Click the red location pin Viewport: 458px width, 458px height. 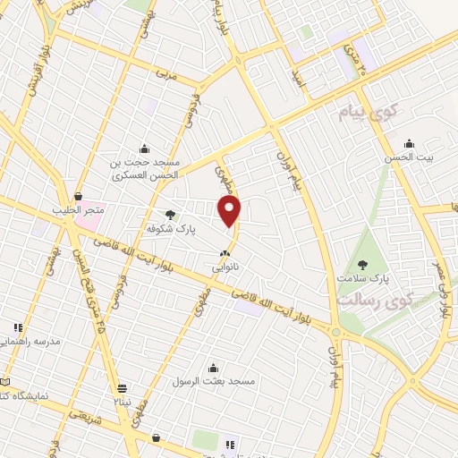[230, 211]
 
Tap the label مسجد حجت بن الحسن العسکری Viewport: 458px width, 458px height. [146, 169]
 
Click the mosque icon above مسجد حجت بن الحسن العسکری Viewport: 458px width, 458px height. [144, 148]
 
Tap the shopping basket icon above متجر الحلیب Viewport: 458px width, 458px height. [79, 196]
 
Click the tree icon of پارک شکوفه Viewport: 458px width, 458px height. [171, 215]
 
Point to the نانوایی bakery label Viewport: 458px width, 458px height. [224, 267]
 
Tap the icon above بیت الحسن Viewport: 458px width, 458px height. [410, 142]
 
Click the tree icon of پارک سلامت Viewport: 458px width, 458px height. [362, 264]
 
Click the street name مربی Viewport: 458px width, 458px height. [168, 75]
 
